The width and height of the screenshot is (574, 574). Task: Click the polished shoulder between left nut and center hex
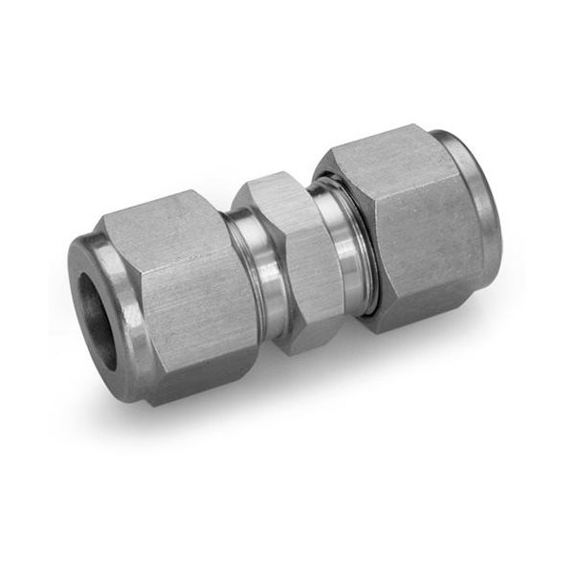[x=251, y=287]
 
